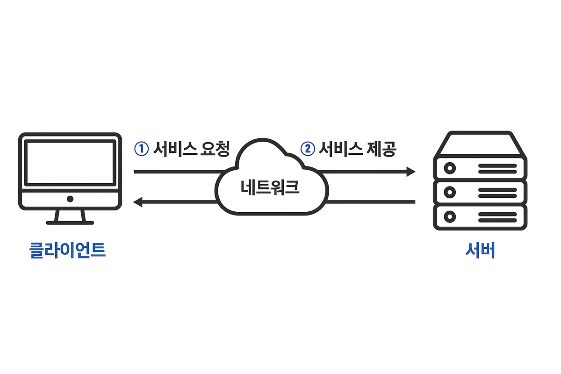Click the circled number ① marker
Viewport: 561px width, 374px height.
tap(141, 149)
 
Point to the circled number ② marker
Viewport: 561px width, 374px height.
tap(307, 149)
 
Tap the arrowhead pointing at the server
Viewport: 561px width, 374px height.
tap(410, 172)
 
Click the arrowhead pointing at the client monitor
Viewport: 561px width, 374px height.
tap(138, 202)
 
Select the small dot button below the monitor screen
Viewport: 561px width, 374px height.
tap(70, 199)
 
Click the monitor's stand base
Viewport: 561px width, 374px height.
tap(70, 223)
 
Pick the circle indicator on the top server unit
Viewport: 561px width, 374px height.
tap(450, 168)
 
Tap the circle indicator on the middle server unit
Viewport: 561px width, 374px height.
tap(450, 192)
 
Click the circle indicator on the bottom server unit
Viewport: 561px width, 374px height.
tap(450, 216)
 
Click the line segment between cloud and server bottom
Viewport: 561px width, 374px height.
tap(372, 202)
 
